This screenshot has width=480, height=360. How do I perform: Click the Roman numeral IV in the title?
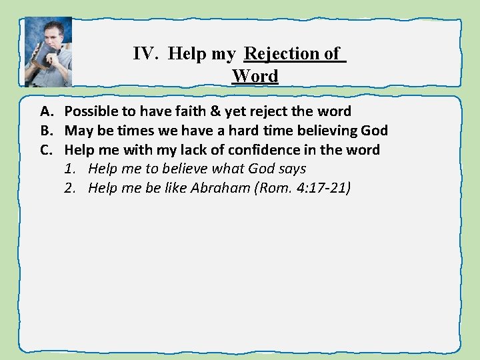(x=144, y=54)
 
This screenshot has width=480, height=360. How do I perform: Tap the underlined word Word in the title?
(x=255, y=76)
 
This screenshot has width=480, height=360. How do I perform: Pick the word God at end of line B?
(x=373, y=131)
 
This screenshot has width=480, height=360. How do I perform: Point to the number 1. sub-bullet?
(x=70, y=169)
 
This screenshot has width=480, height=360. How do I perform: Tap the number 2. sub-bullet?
(x=70, y=189)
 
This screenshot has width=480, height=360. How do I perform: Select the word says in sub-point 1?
(x=291, y=169)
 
